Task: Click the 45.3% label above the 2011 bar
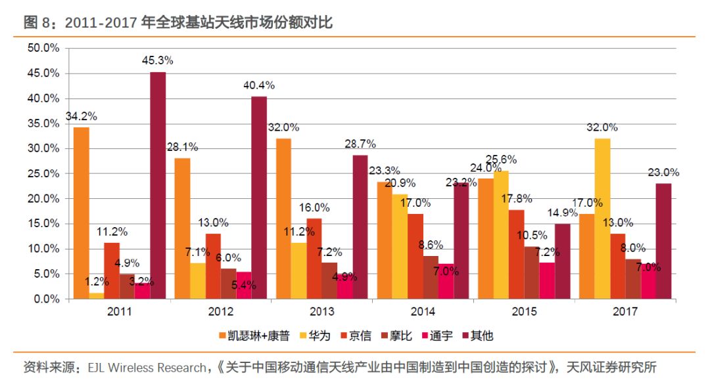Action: pos(157,60)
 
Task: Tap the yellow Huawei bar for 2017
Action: pos(602,219)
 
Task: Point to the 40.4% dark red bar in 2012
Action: pos(259,198)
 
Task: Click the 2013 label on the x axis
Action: pos(322,312)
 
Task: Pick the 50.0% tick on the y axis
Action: pos(44,49)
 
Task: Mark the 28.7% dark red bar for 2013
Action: pos(360,226)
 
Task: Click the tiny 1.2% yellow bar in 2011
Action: pos(97,296)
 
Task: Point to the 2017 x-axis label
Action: pos(625,312)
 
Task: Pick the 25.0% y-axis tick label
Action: pos(44,173)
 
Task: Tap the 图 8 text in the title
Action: pos(37,24)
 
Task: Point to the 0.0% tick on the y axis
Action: pos(47,299)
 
